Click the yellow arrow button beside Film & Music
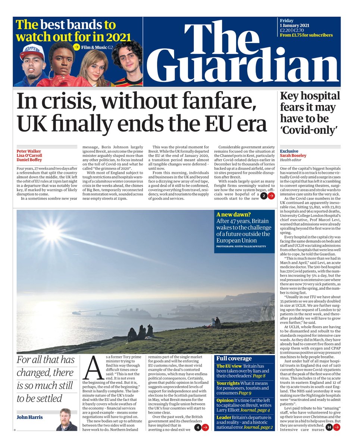pyautogui.click(x=76, y=47)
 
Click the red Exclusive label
pyautogui.click(x=289, y=151)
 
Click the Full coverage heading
pyautogui.click(x=234, y=358)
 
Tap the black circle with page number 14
pyautogui.click(x=328, y=427)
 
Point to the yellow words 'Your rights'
pyautogui.click(x=228, y=383)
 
